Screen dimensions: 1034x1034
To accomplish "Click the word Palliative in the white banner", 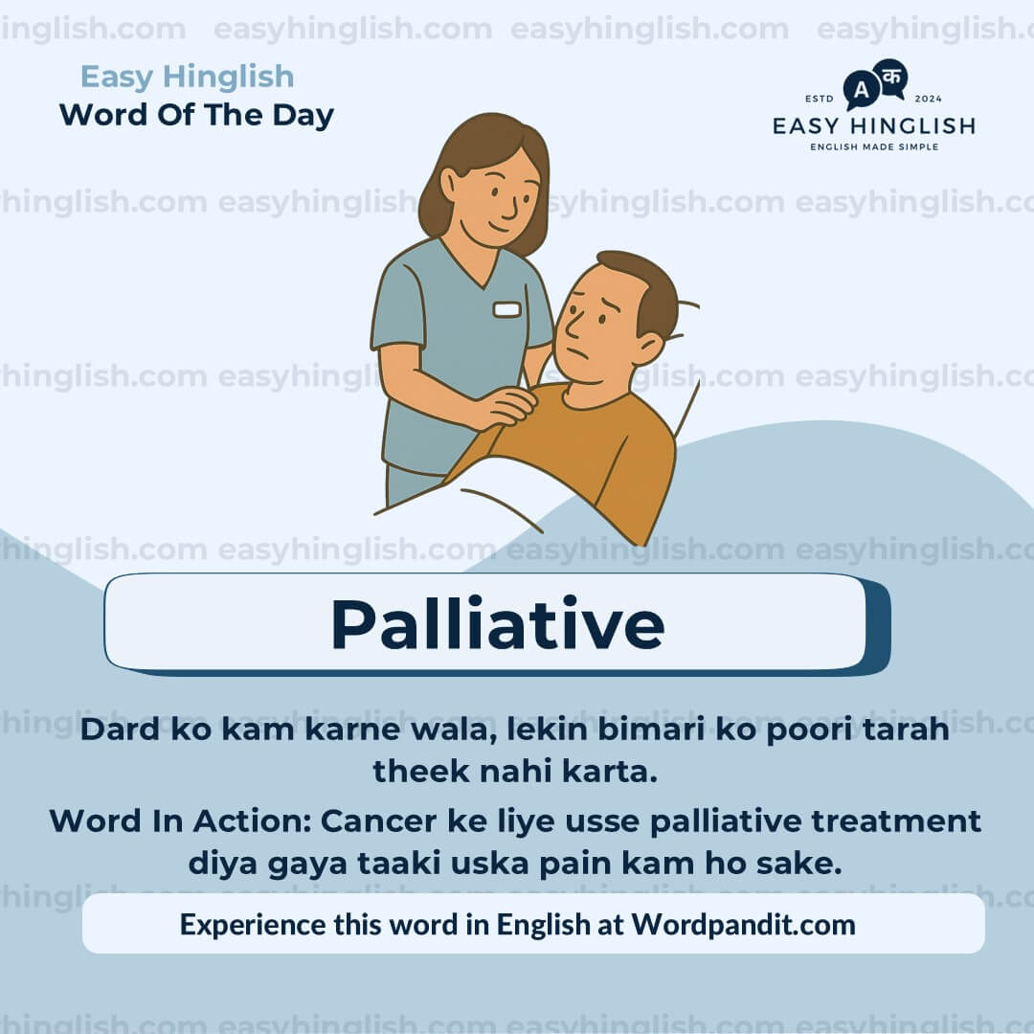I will click(x=497, y=624).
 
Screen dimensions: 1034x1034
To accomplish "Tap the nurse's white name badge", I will click(x=506, y=309).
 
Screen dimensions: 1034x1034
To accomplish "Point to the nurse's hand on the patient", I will click(x=505, y=406).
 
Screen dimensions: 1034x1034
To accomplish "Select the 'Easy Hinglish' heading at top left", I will click(x=187, y=77).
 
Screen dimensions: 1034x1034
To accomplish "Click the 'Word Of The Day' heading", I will click(x=196, y=115).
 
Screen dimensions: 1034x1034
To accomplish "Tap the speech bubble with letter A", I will click(x=861, y=91).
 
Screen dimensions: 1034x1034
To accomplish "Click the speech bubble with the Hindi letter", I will click(x=891, y=77).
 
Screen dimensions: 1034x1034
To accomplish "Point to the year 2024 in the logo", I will click(x=929, y=99).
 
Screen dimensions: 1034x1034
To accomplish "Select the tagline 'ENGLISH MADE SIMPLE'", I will click(x=873, y=146).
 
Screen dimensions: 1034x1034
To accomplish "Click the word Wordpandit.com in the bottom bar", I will click(x=743, y=924).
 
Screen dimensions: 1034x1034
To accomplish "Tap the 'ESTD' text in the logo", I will click(x=820, y=99).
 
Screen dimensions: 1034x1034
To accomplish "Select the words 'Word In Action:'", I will click(x=181, y=820).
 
